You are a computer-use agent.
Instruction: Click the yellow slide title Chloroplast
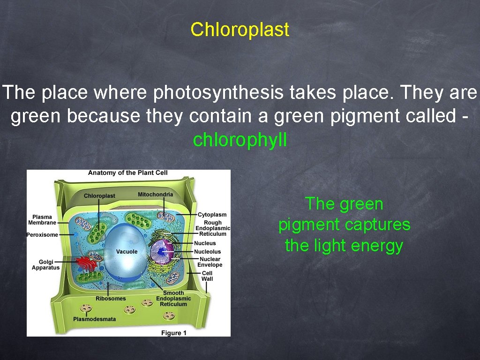(x=240, y=30)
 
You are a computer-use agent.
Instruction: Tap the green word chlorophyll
(x=240, y=140)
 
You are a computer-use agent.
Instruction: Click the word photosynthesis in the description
(x=217, y=93)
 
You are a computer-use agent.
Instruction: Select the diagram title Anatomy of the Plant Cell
(x=127, y=173)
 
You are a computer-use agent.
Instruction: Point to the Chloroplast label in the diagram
(x=99, y=196)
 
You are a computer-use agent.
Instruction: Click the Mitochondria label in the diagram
(x=155, y=195)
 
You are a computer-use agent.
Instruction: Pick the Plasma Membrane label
(x=42, y=220)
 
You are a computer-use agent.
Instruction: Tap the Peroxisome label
(x=42, y=235)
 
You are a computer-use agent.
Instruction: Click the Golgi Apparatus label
(x=46, y=264)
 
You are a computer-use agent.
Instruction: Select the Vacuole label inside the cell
(x=127, y=252)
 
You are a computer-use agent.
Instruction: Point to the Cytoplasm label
(x=212, y=215)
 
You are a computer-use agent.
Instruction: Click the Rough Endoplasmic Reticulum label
(x=213, y=228)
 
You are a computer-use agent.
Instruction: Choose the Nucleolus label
(x=207, y=252)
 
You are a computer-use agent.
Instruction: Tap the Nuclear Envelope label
(x=210, y=262)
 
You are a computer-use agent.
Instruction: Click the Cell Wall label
(x=207, y=276)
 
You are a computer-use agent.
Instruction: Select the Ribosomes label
(x=111, y=299)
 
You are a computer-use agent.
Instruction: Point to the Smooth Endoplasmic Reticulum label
(x=173, y=299)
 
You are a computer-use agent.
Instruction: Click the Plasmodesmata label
(x=94, y=319)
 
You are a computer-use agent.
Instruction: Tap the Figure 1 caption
(x=174, y=333)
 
